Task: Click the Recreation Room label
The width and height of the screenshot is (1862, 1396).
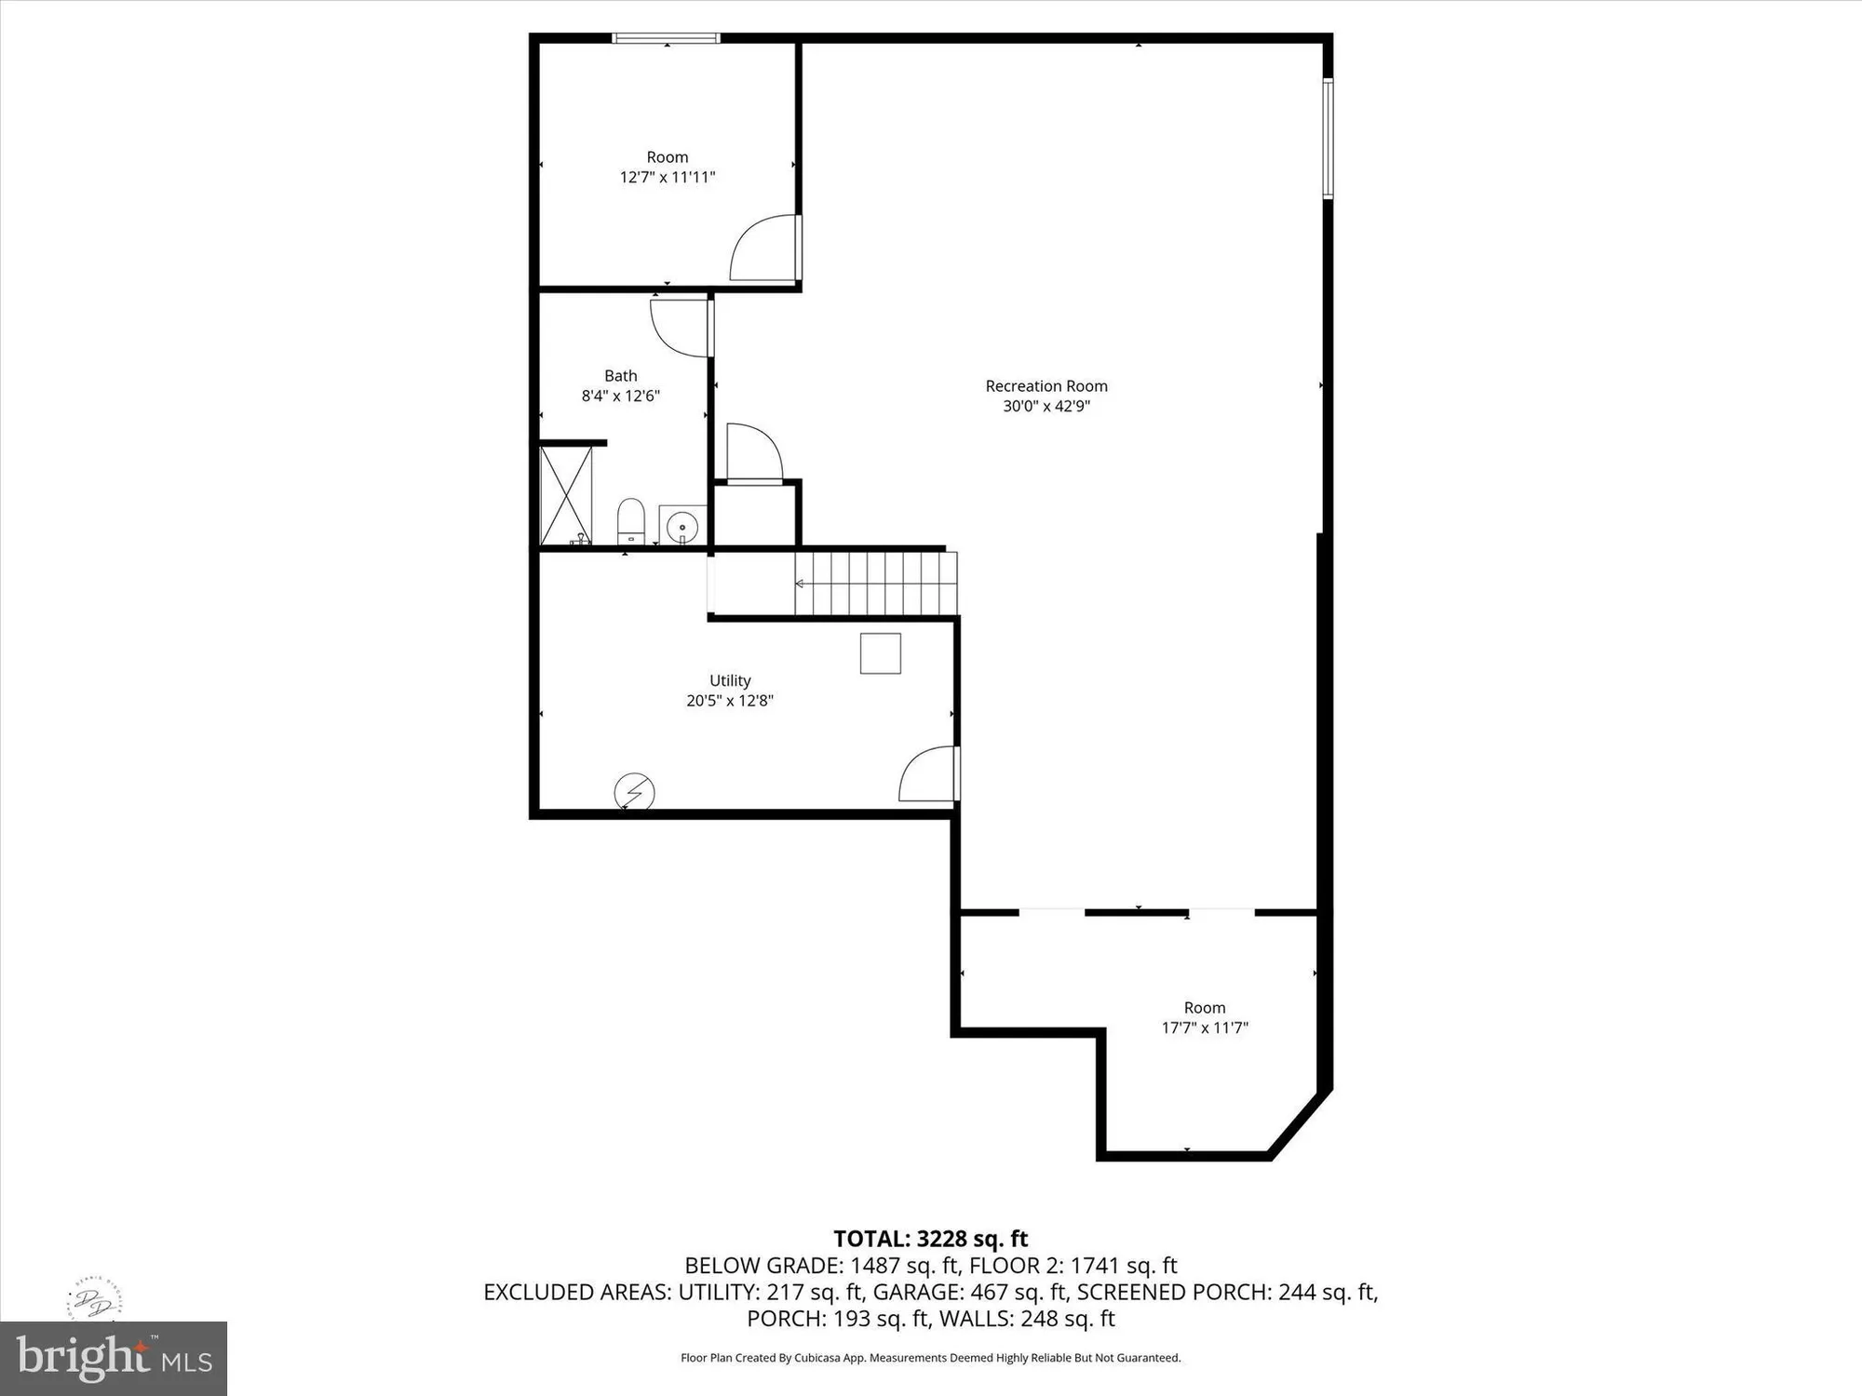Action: pyautogui.click(x=1046, y=386)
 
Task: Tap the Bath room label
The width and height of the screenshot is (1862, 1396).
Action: pyautogui.click(x=621, y=376)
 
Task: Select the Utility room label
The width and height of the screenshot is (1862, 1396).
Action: pyautogui.click(x=730, y=680)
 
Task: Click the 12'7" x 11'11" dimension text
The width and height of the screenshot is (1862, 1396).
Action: pyautogui.click(x=668, y=177)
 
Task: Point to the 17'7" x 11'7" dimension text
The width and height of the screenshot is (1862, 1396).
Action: pyautogui.click(x=1205, y=1027)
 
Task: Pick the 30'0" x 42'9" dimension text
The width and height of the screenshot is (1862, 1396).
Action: pyautogui.click(x=1046, y=406)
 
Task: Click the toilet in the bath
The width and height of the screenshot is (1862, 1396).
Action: pyautogui.click(x=631, y=521)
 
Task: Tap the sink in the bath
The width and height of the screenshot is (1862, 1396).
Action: pyautogui.click(x=682, y=526)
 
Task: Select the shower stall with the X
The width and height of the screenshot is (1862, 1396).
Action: pyautogui.click(x=566, y=495)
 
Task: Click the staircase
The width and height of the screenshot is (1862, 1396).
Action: pyautogui.click(x=875, y=584)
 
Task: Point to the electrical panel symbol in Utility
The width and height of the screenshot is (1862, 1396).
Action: pyautogui.click(x=634, y=793)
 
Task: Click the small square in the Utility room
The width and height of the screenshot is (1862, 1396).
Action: pyautogui.click(x=880, y=652)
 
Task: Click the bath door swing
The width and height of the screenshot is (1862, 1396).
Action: pyautogui.click(x=681, y=328)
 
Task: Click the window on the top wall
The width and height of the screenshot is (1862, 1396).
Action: pyautogui.click(x=666, y=38)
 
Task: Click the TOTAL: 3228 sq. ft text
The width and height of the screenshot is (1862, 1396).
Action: pyautogui.click(x=930, y=1239)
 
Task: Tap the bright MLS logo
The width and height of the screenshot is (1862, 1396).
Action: pyautogui.click(x=114, y=1358)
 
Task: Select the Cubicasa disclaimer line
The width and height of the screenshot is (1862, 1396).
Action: pyautogui.click(x=930, y=1358)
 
